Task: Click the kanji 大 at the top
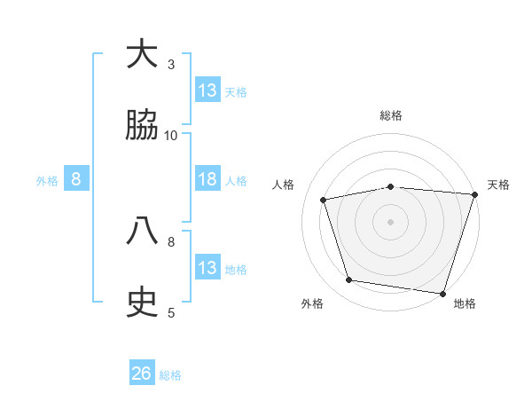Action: (x=142, y=54)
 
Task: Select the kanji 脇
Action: (x=142, y=126)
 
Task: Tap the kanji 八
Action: (x=142, y=232)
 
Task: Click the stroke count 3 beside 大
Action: (x=171, y=64)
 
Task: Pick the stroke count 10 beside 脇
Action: (x=171, y=135)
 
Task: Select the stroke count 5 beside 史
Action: (x=171, y=312)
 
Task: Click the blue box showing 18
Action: (x=207, y=179)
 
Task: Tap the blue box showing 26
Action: (x=142, y=374)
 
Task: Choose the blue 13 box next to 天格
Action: (x=207, y=90)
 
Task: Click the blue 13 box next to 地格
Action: (x=207, y=268)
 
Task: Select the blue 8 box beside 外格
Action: (x=76, y=179)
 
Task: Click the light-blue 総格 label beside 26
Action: (x=170, y=375)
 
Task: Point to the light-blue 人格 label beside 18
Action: (x=236, y=181)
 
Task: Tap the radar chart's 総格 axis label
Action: (x=391, y=115)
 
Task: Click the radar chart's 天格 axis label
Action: (x=498, y=185)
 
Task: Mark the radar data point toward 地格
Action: (x=442, y=293)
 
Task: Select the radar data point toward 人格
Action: (x=325, y=200)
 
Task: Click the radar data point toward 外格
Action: (x=349, y=280)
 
